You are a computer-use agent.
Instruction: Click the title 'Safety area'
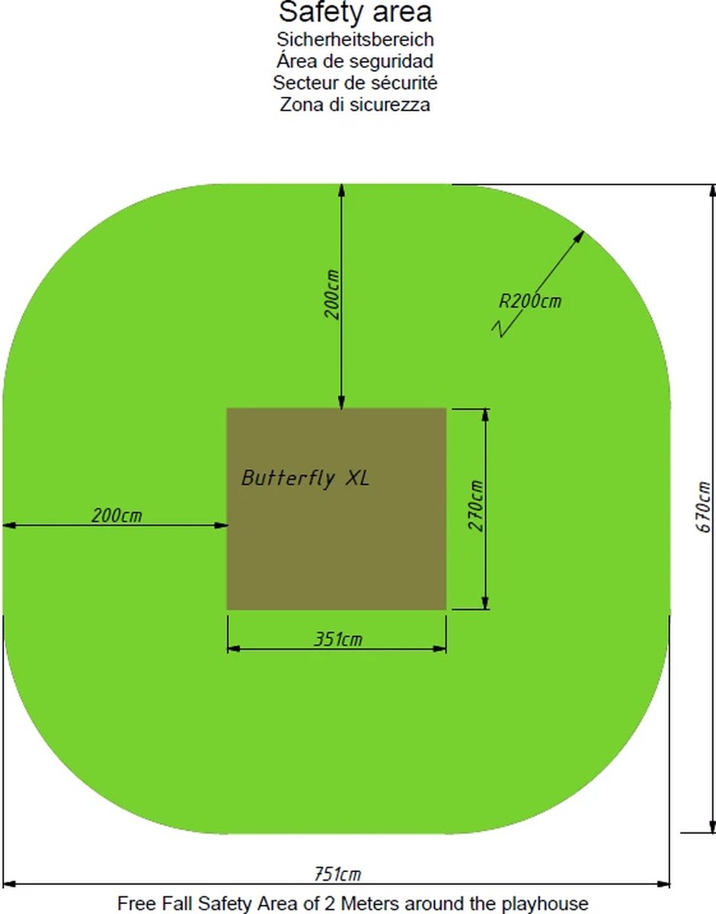(x=355, y=13)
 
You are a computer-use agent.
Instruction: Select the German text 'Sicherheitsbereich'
(x=355, y=39)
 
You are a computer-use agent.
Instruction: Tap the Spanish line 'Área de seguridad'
(x=355, y=61)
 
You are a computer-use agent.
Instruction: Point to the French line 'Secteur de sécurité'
(x=355, y=82)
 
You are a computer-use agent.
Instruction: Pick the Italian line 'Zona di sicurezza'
(x=355, y=104)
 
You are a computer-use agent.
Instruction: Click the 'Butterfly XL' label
(x=305, y=478)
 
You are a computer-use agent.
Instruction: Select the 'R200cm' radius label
(x=530, y=301)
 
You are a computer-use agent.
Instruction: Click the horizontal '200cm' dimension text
(x=117, y=516)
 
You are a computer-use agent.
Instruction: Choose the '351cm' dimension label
(x=338, y=639)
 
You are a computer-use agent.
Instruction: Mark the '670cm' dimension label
(x=705, y=507)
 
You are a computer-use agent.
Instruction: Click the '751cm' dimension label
(x=338, y=874)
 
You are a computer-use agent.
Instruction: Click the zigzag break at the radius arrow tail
(x=500, y=329)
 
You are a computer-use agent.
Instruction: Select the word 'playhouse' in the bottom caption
(x=550, y=903)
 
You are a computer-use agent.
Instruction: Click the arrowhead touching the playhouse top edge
(x=342, y=404)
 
